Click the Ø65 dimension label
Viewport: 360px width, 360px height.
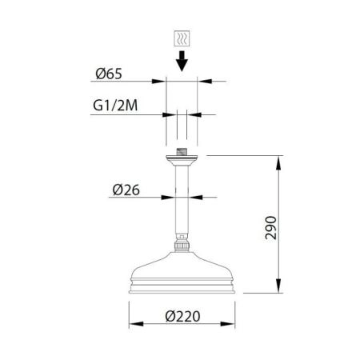point(109,74)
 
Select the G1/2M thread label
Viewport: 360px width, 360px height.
point(115,106)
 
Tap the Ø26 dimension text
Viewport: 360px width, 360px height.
point(126,190)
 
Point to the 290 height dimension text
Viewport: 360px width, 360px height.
point(271,227)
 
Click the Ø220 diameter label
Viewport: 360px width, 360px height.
point(182,317)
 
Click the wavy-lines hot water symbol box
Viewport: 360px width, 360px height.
point(182,38)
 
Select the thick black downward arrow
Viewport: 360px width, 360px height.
point(182,61)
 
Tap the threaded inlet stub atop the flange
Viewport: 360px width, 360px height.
point(182,153)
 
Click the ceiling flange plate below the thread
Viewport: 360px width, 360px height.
point(182,161)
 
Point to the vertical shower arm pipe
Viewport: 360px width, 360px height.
point(182,200)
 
